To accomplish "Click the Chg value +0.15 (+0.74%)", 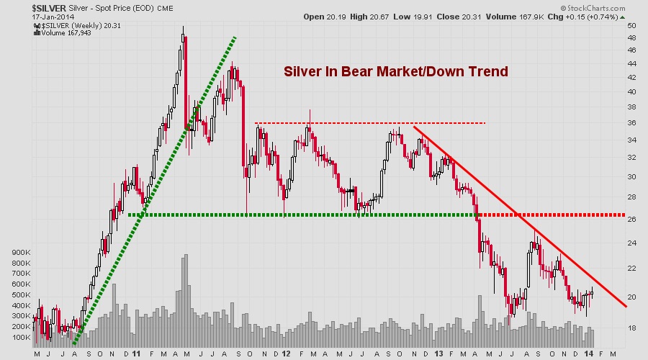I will click(590, 16).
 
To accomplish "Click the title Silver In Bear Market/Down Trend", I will click(396, 72).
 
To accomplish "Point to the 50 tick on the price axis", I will click(632, 25).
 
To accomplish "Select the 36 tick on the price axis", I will click(632, 123).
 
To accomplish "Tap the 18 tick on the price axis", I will click(632, 328).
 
